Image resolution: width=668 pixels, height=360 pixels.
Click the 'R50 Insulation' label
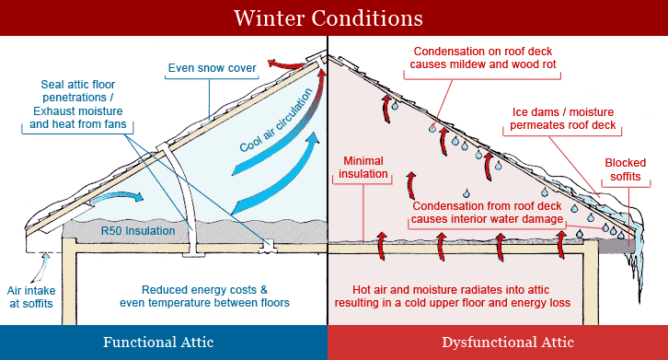coord(138,231)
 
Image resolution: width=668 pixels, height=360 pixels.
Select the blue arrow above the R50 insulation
coord(125,195)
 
